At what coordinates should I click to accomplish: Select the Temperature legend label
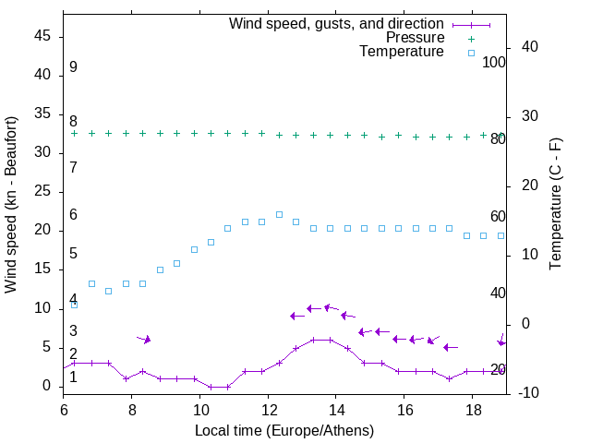[402, 52]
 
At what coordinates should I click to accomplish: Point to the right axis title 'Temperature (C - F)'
[555, 204]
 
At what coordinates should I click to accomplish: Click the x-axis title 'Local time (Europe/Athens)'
[284, 431]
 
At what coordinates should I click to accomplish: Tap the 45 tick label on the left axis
[42, 36]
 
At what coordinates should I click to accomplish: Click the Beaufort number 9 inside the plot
[73, 67]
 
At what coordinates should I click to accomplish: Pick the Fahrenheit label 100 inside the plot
[494, 62]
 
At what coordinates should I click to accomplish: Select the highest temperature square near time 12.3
[279, 214]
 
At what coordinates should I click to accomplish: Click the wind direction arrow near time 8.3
[144, 339]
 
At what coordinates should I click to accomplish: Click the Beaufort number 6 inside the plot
[73, 214]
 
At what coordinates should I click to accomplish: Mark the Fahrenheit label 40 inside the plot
[498, 293]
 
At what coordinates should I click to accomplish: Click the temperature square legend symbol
[471, 53]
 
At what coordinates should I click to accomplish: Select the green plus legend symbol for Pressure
[471, 38]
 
